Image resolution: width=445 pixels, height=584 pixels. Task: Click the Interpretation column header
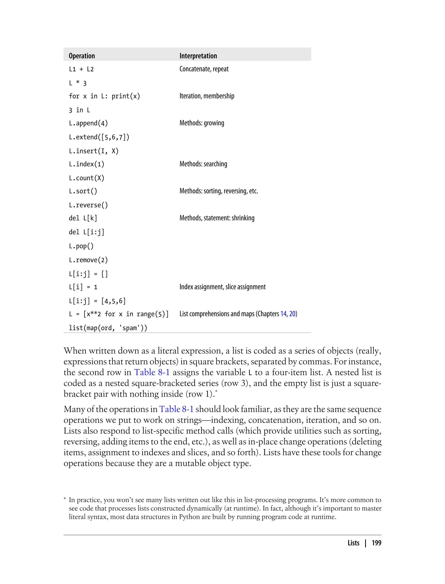198,56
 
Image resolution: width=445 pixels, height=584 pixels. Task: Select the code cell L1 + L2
81,69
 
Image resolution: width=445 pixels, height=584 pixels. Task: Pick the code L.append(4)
88,123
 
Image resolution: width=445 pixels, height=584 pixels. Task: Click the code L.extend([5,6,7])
99,137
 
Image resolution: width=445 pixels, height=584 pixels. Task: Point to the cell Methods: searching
203,164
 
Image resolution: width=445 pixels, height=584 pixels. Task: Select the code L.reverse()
88,205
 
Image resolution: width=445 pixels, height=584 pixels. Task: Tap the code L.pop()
81,246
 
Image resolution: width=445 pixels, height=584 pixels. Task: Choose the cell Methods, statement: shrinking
217,218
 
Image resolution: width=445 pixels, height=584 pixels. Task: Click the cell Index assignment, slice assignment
222,287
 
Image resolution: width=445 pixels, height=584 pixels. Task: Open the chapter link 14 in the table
283,314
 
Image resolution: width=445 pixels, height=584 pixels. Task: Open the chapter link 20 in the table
292,314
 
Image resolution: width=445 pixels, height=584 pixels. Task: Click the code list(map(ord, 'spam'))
108,328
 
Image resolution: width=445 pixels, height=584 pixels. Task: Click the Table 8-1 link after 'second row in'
152,372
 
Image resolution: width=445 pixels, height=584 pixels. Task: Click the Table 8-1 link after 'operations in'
176,409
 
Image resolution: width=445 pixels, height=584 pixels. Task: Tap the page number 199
376,543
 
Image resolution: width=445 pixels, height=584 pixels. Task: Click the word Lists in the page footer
353,543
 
